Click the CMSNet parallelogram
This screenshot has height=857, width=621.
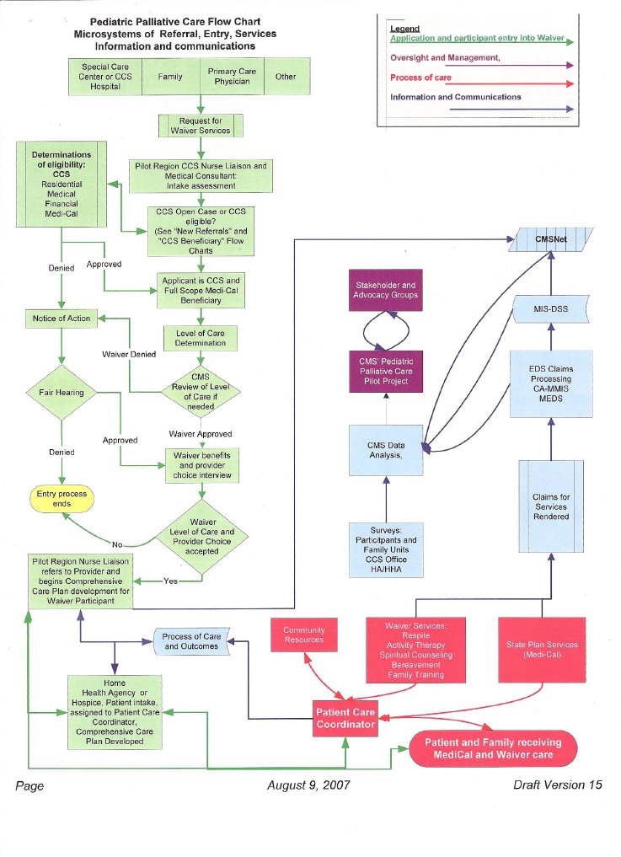click(551, 239)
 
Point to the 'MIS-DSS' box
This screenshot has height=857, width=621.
click(550, 309)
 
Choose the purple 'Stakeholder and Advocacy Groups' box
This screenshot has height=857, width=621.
click(386, 291)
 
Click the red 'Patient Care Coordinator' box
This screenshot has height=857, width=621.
click(345, 718)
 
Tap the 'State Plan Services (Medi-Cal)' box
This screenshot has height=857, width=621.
click(542, 650)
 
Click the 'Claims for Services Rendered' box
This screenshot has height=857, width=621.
click(551, 506)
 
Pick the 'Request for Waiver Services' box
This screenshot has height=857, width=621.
click(201, 126)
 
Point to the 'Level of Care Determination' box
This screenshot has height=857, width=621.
click(201, 339)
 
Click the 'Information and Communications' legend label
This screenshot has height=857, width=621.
click(455, 97)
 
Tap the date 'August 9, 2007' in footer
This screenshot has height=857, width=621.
click(308, 785)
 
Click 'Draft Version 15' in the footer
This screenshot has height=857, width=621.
click(557, 785)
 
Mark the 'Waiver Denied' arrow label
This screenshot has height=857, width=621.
click(128, 355)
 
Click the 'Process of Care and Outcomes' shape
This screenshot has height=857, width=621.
click(191, 641)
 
